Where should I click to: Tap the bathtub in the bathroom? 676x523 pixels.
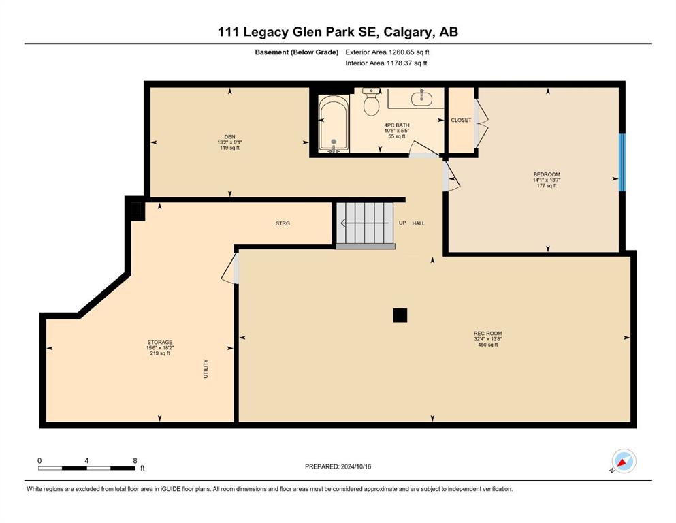334,124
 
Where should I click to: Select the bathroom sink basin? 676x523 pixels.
421,98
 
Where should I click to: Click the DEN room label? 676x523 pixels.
229,137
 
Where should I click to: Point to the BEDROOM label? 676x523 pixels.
547,174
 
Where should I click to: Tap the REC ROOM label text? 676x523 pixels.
487,333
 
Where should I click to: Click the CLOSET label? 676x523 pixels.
461,121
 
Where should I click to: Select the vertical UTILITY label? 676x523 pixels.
206,368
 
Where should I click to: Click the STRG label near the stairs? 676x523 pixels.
283,223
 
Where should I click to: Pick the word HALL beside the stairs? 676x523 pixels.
418,223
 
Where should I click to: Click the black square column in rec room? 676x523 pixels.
400,315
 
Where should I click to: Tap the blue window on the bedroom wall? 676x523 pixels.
622,162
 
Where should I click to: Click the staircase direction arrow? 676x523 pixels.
364,223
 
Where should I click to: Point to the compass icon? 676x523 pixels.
624,461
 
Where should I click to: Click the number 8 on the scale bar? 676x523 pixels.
135,460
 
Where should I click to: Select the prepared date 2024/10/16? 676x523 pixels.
355,466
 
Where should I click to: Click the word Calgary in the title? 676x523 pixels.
406,32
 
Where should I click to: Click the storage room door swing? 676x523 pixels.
229,269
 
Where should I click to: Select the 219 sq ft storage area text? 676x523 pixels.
159,353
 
